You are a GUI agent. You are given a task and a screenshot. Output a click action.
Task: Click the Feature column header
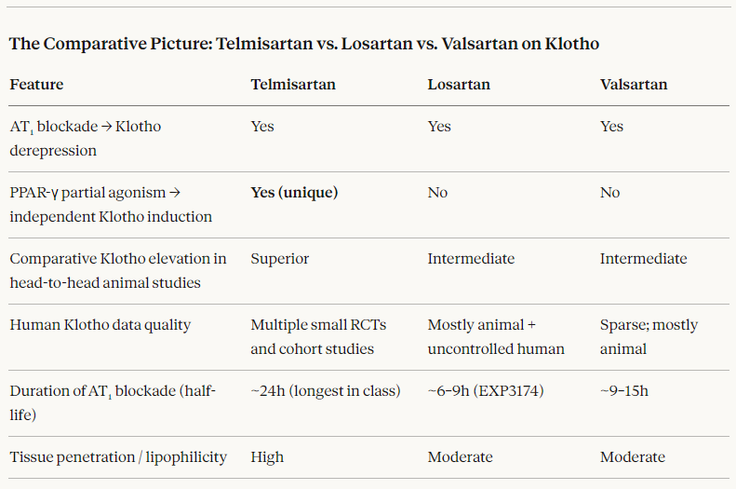(x=36, y=85)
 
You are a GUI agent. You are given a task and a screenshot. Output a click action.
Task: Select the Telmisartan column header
(x=293, y=85)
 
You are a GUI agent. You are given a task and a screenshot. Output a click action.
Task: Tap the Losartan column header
(x=459, y=85)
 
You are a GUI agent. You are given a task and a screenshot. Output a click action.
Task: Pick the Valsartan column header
(x=634, y=85)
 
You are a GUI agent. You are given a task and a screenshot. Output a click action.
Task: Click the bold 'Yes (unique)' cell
(x=294, y=193)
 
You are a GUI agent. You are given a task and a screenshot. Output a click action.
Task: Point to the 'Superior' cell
(x=279, y=259)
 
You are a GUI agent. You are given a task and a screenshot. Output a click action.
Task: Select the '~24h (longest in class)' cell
(x=325, y=391)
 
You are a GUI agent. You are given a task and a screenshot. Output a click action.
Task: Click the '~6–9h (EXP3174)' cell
(x=486, y=391)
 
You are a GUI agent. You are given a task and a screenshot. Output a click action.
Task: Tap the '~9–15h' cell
(x=624, y=391)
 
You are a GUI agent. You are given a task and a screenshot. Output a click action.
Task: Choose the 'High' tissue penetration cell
(x=267, y=457)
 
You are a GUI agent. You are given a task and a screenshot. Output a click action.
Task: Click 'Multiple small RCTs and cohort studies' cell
(x=318, y=336)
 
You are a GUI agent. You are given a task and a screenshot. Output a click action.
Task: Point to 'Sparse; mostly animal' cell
(x=649, y=336)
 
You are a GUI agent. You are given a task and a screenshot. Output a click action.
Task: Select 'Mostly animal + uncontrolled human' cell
(x=496, y=336)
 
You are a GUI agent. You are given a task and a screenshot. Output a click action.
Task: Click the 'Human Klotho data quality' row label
(x=100, y=325)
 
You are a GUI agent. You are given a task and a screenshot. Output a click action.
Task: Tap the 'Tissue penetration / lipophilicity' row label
(x=118, y=457)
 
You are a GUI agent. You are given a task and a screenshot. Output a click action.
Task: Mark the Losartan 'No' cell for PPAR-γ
(x=437, y=193)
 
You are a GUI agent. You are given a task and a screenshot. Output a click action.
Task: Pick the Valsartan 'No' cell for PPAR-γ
(x=609, y=193)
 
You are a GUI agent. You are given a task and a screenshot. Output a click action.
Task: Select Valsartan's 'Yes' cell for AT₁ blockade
(x=611, y=127)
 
